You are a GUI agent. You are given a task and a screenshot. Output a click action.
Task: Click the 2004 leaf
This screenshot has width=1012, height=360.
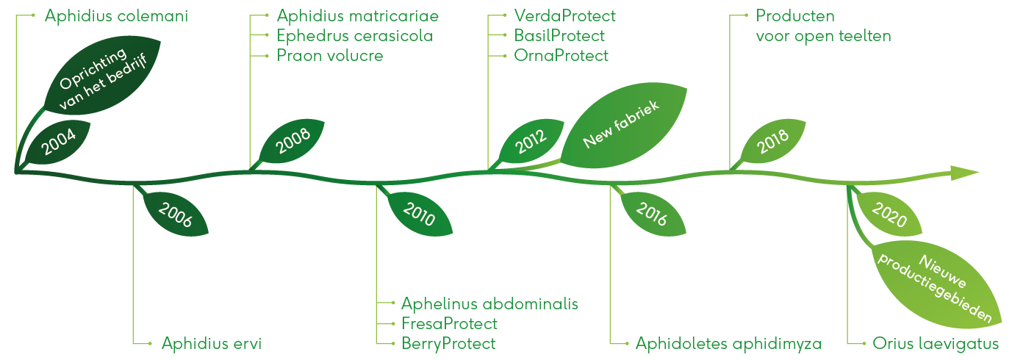pos(58,142)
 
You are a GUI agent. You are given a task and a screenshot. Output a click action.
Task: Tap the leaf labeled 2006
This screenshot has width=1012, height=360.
pos(176,214)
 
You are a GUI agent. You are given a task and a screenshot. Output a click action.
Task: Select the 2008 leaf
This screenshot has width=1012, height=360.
pos(293,140)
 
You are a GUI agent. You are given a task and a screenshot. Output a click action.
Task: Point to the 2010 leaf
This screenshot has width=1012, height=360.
pos(419,214)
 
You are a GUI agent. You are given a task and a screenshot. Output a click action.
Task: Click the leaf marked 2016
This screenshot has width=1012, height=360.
pos(653,214)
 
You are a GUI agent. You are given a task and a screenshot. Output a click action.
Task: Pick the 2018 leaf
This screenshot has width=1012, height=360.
pos(773,141)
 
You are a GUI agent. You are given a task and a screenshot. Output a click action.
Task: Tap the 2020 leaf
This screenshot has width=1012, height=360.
pos(889,214)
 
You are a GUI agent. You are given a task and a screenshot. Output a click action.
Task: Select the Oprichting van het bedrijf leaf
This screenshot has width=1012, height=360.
pos(102,77)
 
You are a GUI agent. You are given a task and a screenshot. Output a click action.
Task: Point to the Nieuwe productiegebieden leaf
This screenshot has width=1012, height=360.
pos(938,284)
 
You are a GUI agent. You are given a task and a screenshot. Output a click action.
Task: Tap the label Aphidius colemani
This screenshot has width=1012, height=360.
pos(116,16)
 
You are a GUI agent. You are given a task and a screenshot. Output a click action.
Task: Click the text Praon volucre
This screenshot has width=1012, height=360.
pos(330,56)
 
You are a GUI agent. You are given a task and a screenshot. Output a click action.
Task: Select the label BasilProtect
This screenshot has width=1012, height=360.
pos(559,36)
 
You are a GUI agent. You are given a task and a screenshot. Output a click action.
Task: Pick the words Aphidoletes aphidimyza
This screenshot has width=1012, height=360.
pos(728,344)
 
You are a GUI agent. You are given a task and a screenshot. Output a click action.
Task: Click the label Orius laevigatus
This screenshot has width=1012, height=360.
pos(935,344)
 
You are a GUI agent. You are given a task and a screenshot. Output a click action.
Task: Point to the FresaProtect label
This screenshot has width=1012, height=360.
pos(449,324)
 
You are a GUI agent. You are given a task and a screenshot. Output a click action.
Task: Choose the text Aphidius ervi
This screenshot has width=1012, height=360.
pos(212,344)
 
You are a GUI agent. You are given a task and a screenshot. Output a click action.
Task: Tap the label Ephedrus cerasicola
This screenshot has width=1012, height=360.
pos(355,36)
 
